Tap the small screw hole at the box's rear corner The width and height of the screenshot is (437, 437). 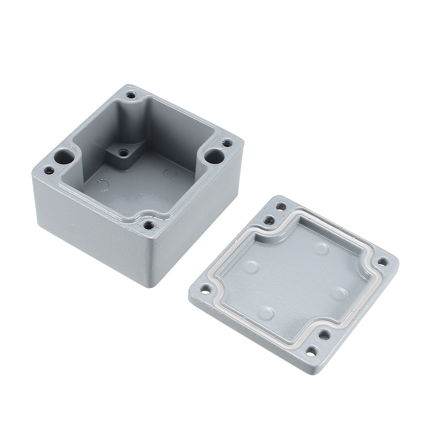click(x=131, y=95)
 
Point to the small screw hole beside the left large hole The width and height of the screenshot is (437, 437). click(x=50, y=171)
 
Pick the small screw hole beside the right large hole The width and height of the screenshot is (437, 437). click(x=227, y=143)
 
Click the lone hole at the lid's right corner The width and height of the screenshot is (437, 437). click(x=383, y=261)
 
